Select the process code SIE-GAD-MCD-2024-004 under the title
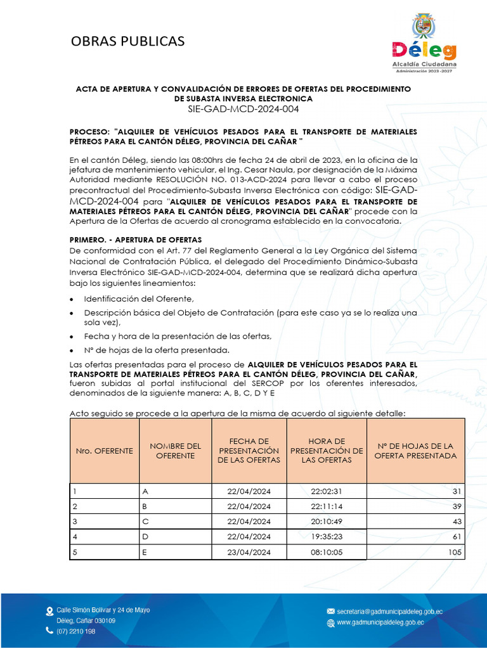[243, 109]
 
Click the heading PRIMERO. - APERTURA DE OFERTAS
[135, 240]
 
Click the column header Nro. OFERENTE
[105, 451]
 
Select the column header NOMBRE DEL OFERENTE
[175, 451]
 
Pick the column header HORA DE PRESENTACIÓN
[327, 450]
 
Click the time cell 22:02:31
[327, 491]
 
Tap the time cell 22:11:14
[327, 506]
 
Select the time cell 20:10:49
[327, 522]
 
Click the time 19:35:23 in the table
[327, 537]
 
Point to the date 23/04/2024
[249, 552]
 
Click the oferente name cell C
[145, 522]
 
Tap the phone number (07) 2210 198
[76, 631]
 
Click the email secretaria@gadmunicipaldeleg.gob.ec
[389, 612]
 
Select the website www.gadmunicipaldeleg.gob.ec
[380, 623]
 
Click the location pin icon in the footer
[49, 612]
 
